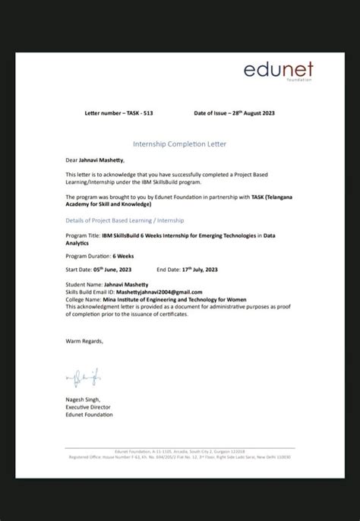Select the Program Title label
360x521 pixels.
point(83,235)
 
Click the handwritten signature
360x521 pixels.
point(83,377)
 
